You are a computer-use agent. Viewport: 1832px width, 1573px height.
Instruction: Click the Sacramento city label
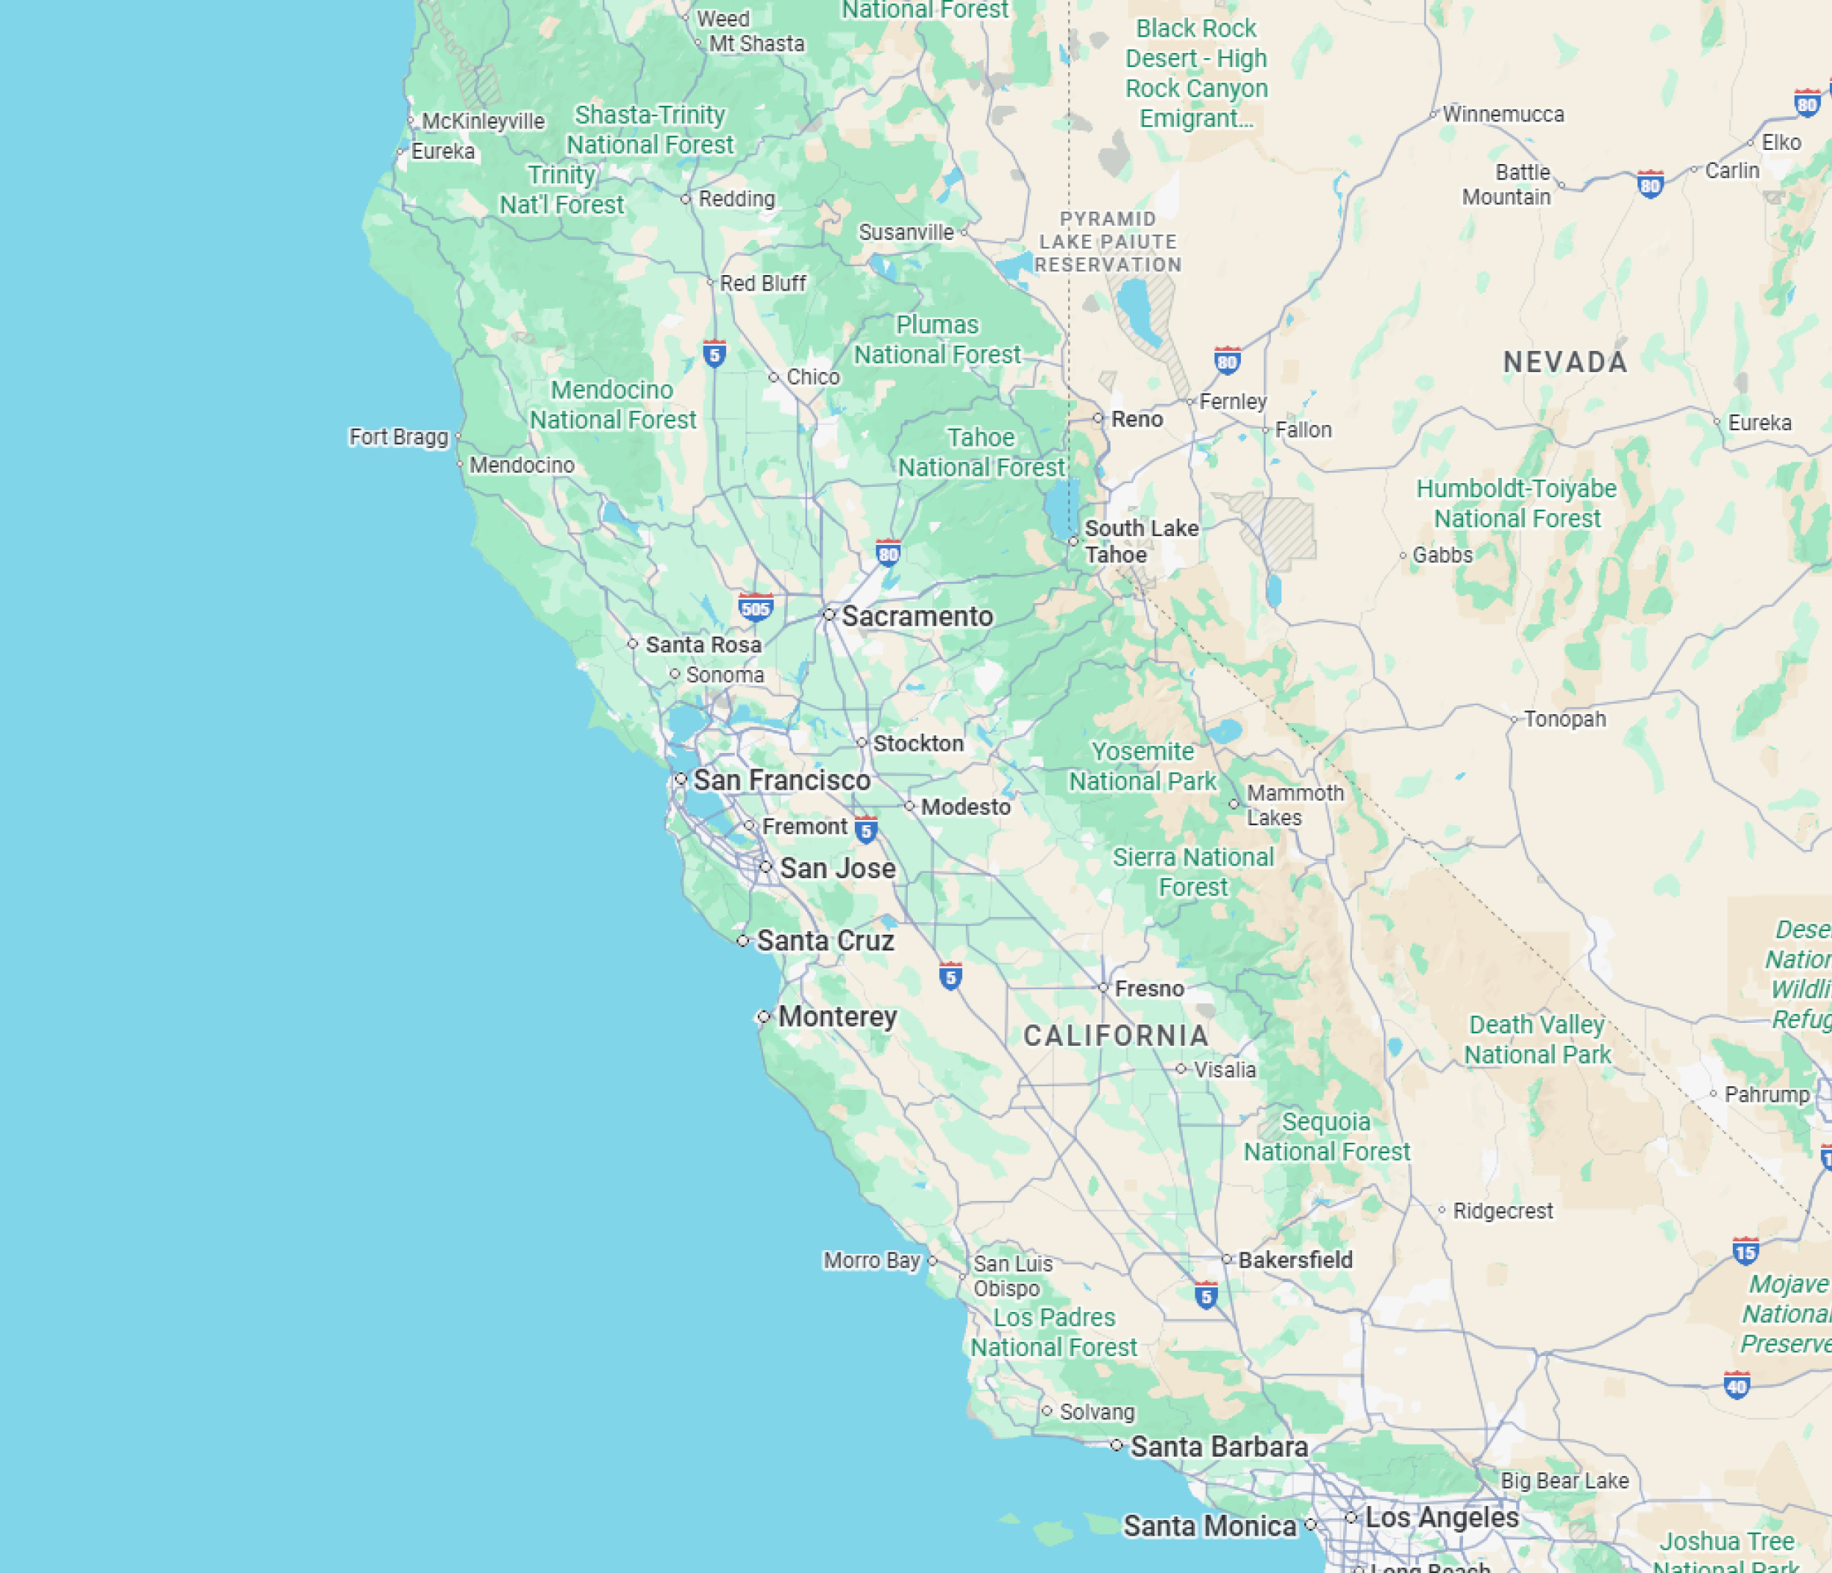click(x=917, y=617)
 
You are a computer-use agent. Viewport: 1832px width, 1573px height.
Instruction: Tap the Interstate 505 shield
click(x=755, y=608)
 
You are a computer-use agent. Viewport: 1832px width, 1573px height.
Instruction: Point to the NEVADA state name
click(x=1565, y=362)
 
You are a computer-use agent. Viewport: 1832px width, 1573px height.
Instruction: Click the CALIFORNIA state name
click(x=1116, y=1035)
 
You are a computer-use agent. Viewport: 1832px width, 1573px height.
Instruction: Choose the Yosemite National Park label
click(x=1143, y=766)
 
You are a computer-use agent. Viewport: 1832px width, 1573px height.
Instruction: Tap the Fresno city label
click(x=1149, y=989)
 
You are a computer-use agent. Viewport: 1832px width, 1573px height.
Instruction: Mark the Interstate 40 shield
click(x=1737, y=1384)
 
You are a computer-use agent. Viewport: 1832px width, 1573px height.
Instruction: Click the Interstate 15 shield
click(x=1746, y=1251)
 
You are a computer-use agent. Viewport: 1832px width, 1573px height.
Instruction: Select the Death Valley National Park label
click(x=1537, y=1040)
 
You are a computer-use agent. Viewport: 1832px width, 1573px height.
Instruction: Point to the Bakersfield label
click(x=1295, y=1260)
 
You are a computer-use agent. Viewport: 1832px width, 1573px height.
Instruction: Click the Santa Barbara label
click(x=1219, y=1446)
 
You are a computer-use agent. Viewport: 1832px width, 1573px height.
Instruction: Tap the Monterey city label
click(x=837, y=1017)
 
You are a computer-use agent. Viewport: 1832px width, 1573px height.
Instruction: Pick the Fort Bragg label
click(x=399, y=437)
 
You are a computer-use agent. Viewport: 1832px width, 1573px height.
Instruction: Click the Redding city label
click(x=736, y=199)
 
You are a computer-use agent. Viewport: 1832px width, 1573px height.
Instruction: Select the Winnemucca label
click(x=1503, y=114)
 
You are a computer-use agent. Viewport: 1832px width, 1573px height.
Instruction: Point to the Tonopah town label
click(x=1564, y=719)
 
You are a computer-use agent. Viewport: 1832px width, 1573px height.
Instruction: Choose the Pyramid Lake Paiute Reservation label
click(x=1108, y=242)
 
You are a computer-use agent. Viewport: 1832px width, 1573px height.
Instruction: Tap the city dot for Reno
click(x=1098, y=418)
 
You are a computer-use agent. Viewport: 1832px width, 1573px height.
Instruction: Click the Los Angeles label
click(x=1441, y=1517)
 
